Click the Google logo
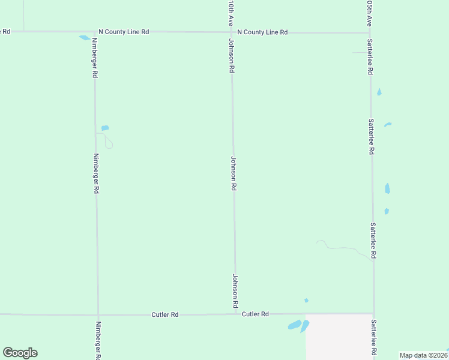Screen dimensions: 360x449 (x=20, y=353)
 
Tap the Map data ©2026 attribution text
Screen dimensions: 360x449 (x=424, y=355)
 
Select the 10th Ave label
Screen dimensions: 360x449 (x=231, y=12)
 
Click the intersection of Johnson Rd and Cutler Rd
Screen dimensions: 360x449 (x=235, y=314)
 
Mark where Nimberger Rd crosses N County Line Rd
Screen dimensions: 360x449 (x=94, y=32)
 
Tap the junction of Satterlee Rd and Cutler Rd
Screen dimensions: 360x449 (x=374, y=313)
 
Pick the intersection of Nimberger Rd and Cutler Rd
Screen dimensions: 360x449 (x=98, y=314)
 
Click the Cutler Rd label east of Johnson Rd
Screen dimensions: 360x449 (x=255, y=314)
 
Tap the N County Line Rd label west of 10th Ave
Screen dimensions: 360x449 (x=124, y=32)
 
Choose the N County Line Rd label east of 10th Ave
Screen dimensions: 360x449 (x=262, y=32)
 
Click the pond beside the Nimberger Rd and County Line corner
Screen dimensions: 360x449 (x=84, y=38)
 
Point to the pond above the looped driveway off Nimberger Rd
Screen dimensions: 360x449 (x=105, y=128)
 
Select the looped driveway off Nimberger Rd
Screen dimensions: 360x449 (x=108, y=141)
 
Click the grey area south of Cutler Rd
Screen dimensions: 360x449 (x=339, y=336)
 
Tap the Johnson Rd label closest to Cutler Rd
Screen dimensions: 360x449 (x=235, y=292)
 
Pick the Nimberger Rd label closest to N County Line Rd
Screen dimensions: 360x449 (x=95, y=58)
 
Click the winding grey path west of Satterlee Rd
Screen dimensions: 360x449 (x=342, y=247)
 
